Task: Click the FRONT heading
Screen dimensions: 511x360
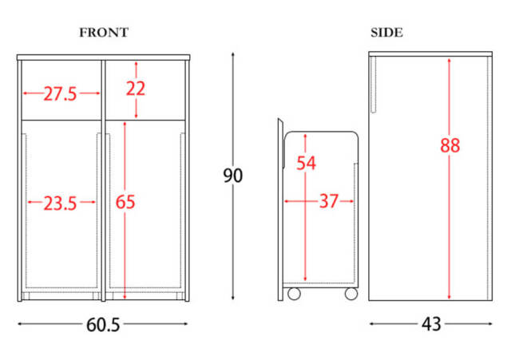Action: (x=104, y=33)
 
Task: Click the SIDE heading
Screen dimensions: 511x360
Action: (x=386, y=33)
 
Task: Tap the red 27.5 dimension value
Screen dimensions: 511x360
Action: (x=61, y=94)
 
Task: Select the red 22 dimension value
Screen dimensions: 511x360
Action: (x=136, y=89)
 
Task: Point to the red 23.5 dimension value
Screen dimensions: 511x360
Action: (x=61, y=204)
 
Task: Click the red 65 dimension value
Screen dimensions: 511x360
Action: (x=125, y=202)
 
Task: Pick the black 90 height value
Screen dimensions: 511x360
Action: (x=232, y=176)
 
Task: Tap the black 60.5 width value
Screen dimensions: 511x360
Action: (x=103, y=325)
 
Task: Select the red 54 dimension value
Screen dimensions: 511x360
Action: (x=306, y=163)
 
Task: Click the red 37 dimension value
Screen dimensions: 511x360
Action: (x=329, y=201)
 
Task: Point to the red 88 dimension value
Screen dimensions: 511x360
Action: (x=450, y=145)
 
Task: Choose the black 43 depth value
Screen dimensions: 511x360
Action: (x=431, y=324)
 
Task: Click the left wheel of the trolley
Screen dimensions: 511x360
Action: (x=294, y=294)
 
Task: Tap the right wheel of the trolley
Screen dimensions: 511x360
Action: (x=351, y=294)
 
